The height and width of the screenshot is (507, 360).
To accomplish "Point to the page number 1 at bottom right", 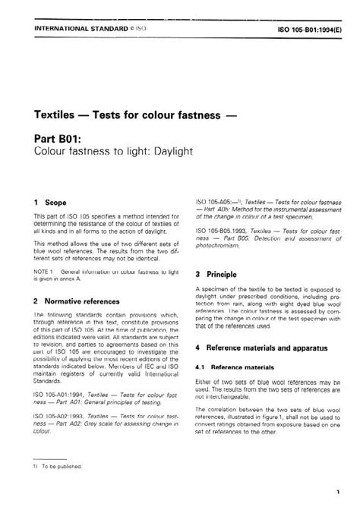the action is click(337, 493).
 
